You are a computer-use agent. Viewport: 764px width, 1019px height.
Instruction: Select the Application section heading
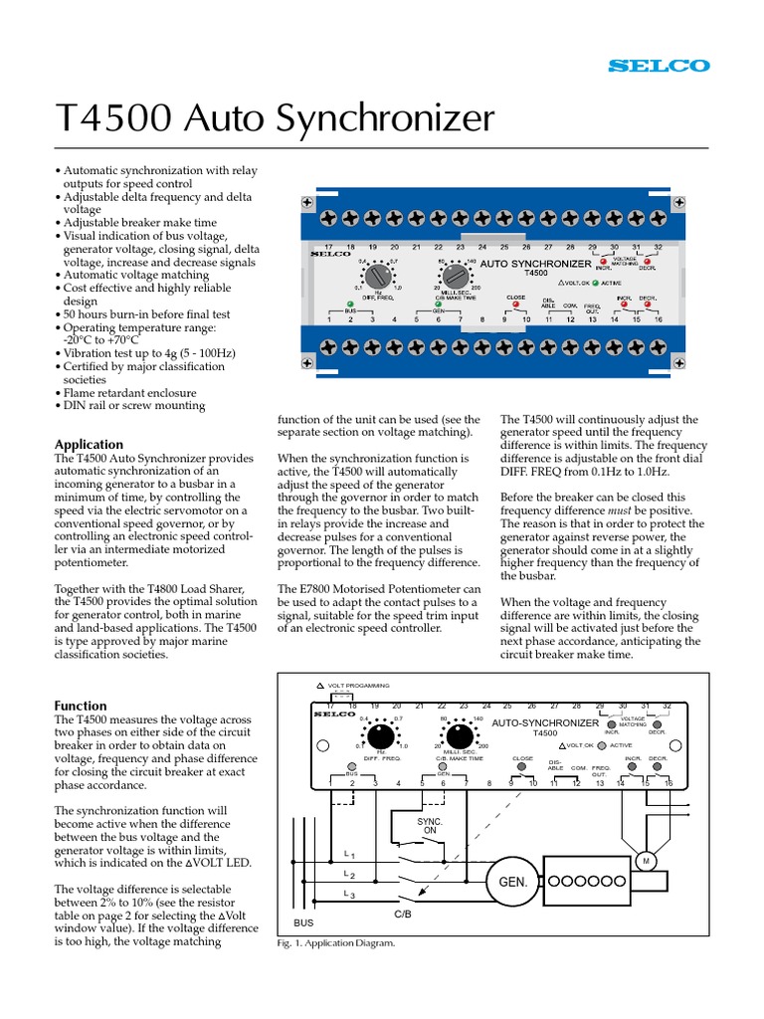[x=89, y=444]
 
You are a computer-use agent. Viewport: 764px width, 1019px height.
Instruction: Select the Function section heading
[x=80, y=706]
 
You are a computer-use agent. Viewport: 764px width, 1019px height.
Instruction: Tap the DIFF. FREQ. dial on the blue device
[x=376, y=275]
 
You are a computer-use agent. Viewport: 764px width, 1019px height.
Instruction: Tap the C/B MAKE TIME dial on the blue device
[x=455, y=275]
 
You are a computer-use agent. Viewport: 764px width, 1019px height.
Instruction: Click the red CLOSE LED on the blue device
[x=515, y=304]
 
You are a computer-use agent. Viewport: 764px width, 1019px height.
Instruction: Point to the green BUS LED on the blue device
[x=350, y=305]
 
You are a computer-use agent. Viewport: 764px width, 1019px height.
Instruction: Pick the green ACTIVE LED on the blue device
[x=596, y=282]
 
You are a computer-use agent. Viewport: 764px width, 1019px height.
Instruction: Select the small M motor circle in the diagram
[x=645, y=860]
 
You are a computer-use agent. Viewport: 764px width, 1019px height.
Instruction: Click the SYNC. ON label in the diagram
[x=429, y=824]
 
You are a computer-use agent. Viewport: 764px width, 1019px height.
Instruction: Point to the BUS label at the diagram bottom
[x=303, y=922]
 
